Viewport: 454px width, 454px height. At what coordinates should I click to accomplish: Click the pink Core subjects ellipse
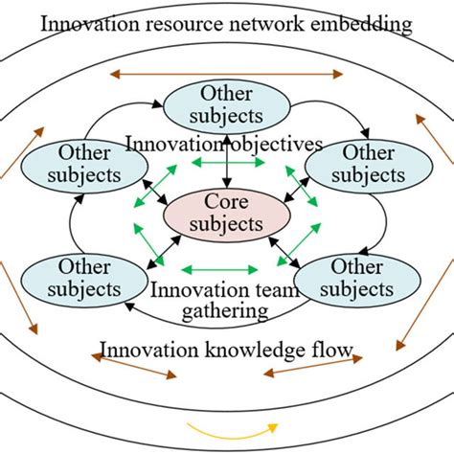[227, 215]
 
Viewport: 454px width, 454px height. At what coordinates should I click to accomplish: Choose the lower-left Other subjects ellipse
[88, 277]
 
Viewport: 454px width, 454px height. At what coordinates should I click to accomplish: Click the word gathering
[227, 311]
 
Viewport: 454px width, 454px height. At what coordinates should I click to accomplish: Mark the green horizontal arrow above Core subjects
[226, 165]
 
